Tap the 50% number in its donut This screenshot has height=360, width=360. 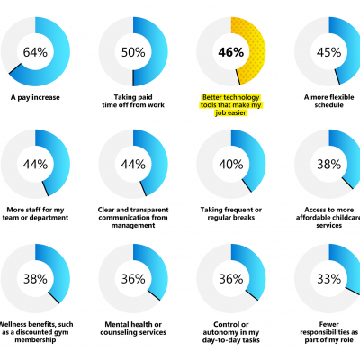tap(133, 51)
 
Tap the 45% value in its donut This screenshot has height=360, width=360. tap(329, 51)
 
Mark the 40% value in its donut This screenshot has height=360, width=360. tap(231, 164)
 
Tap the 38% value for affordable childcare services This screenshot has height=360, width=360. tap(329, 164)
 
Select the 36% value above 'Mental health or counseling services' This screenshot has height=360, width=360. tap(133, 278)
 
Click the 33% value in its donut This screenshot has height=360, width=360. tap(329, 278)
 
